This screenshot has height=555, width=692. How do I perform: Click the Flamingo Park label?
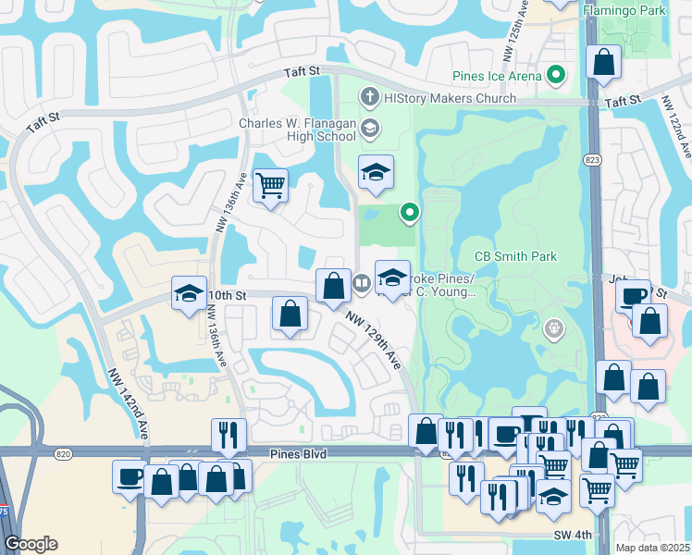point(637,11)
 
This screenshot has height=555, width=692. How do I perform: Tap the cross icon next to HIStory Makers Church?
point(369,96)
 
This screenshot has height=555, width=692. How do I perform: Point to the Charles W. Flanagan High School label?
point(297,129)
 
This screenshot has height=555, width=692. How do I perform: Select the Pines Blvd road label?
point(294,454)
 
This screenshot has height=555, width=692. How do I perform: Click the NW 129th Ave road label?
point(374,339)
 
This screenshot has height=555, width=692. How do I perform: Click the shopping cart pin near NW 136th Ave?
point(270,187)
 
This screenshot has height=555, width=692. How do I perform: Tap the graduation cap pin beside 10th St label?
point(190,295)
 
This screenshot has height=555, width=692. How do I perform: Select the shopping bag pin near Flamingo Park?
point(604,64)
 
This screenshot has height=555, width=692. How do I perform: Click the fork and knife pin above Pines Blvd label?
point(228,434)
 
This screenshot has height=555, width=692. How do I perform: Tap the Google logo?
point(31,544)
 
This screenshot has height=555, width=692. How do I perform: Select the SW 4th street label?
point(573,536)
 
